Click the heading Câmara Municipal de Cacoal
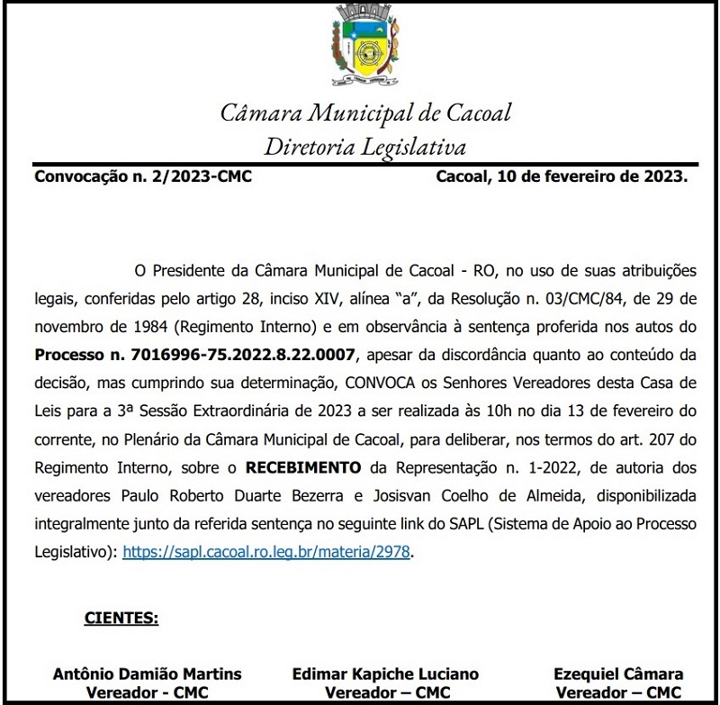(x=365, y=113)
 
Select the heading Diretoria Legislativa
(x=365, y=146)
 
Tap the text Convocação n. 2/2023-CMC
(x=142, y=176)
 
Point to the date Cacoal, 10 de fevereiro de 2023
(x=562, y=176)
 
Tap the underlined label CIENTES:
(x=121, y=619)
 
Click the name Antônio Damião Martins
(x=148, y=673)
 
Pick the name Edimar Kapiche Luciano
(x=385, y=673)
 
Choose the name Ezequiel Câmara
(x=619, y=673)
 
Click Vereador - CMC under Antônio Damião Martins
(x=148, y=692)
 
